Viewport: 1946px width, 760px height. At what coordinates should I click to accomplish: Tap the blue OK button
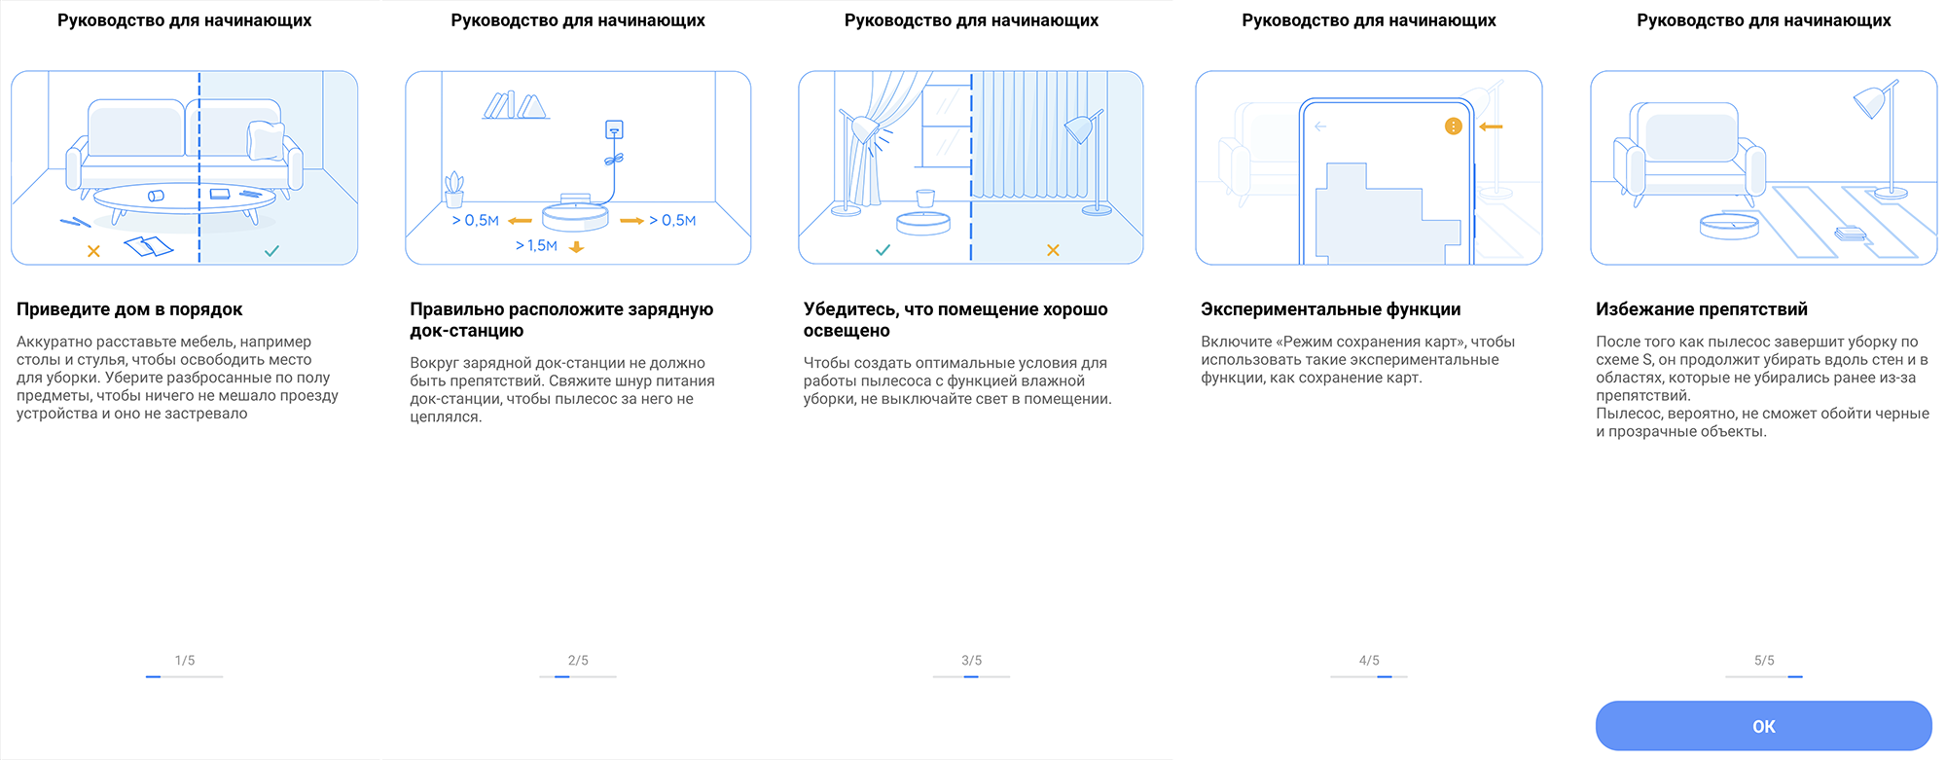click(x=1763, y=726)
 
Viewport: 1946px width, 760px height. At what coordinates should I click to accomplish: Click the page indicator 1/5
click(x=185, y=660)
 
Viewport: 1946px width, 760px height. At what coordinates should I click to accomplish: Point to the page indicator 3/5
click(x=971, y=660)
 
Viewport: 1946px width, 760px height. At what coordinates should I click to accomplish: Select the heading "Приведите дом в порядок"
click(x=129, y=309)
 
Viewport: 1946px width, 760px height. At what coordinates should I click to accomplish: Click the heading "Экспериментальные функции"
click(x=1330, y=309)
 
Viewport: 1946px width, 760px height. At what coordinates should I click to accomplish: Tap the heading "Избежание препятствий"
click(x=1701, y=309)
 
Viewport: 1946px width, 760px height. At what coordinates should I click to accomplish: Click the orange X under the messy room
click(x=93, y=251)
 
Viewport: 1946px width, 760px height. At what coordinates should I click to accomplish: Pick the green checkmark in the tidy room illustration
click(x=271, y=251)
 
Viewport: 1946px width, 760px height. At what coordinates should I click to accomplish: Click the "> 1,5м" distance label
click(x=536, y=246)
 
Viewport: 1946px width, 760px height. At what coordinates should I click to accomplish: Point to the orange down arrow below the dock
click(x=576, y=247)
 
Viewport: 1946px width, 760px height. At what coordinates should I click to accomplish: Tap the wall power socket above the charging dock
click(x=613, y=129)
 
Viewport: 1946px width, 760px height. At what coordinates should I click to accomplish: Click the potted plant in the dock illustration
click(x=454, y=190)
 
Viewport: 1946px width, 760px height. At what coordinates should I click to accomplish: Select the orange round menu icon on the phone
click(x=1453, y=127)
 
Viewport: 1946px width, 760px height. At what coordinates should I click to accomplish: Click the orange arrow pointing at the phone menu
click(x=1491, y=127)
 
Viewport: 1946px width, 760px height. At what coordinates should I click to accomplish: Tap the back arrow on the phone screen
click(x=1320, y=127)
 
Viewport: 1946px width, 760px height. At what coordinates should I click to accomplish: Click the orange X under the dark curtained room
click(x=1053, y=250)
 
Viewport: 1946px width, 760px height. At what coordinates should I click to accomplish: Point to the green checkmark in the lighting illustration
click(x=883, y=250)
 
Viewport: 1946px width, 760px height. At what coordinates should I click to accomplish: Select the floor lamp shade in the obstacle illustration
click(x=1871, y=101)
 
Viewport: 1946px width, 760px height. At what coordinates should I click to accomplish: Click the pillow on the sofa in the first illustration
click(x=266, y=140)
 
